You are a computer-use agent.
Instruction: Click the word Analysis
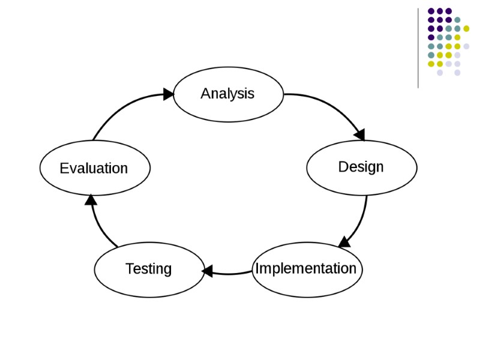pyautogui.click(x=227, y=94)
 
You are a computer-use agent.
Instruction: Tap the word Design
pyautogui.click(x=361, y=166)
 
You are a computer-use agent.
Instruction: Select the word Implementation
pyautogui.click(x=306, y=268)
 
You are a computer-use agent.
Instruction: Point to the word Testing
pyautogui.click(x=148, y=269)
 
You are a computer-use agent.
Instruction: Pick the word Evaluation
pyautogui.click(x=94, y=169)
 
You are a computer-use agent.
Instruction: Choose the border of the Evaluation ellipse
pyautogui.click(x=95, y=141)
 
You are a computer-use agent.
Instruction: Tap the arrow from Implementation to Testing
pyautogui.click(x=231, y=274)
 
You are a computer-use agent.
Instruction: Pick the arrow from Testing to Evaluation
pyautogui.click(x=98, y=228)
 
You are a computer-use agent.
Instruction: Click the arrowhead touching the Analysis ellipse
pyautogui.click(x=168, y=94)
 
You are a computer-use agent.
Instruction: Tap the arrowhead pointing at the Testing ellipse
pyautogui.click(x=208, y=272)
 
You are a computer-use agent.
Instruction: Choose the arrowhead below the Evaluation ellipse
pyautogui.click(x=91, y=199)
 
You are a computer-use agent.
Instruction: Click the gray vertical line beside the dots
pyautogui.click(x=418, y=48)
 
